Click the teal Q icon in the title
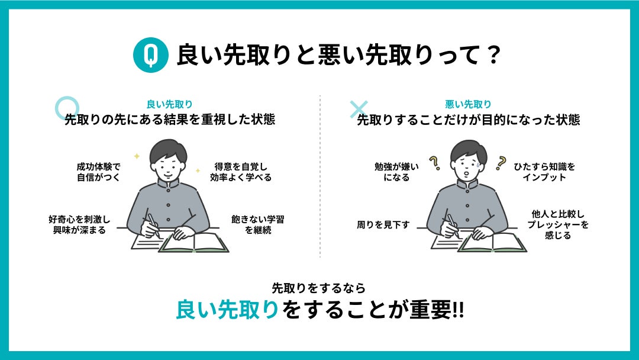pos(150,54)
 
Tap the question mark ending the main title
pos(493,55)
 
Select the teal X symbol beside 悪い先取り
pos(359,110)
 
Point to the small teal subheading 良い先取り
pos(169,104)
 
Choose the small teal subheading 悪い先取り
pos(468,104)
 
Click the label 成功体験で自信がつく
pos(99,172)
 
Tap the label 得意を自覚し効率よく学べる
pos(240,172)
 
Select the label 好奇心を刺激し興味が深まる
pos(79,224)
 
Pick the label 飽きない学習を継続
pos(257,224)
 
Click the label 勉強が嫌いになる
pos(396,172)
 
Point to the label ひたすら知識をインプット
pos(544,172)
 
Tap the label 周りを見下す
pos(383,224)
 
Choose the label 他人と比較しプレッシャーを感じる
pos(558,224)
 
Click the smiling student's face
pos(168,166)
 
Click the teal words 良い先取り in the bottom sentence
pos(227,310)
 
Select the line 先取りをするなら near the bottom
pos(319,288)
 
